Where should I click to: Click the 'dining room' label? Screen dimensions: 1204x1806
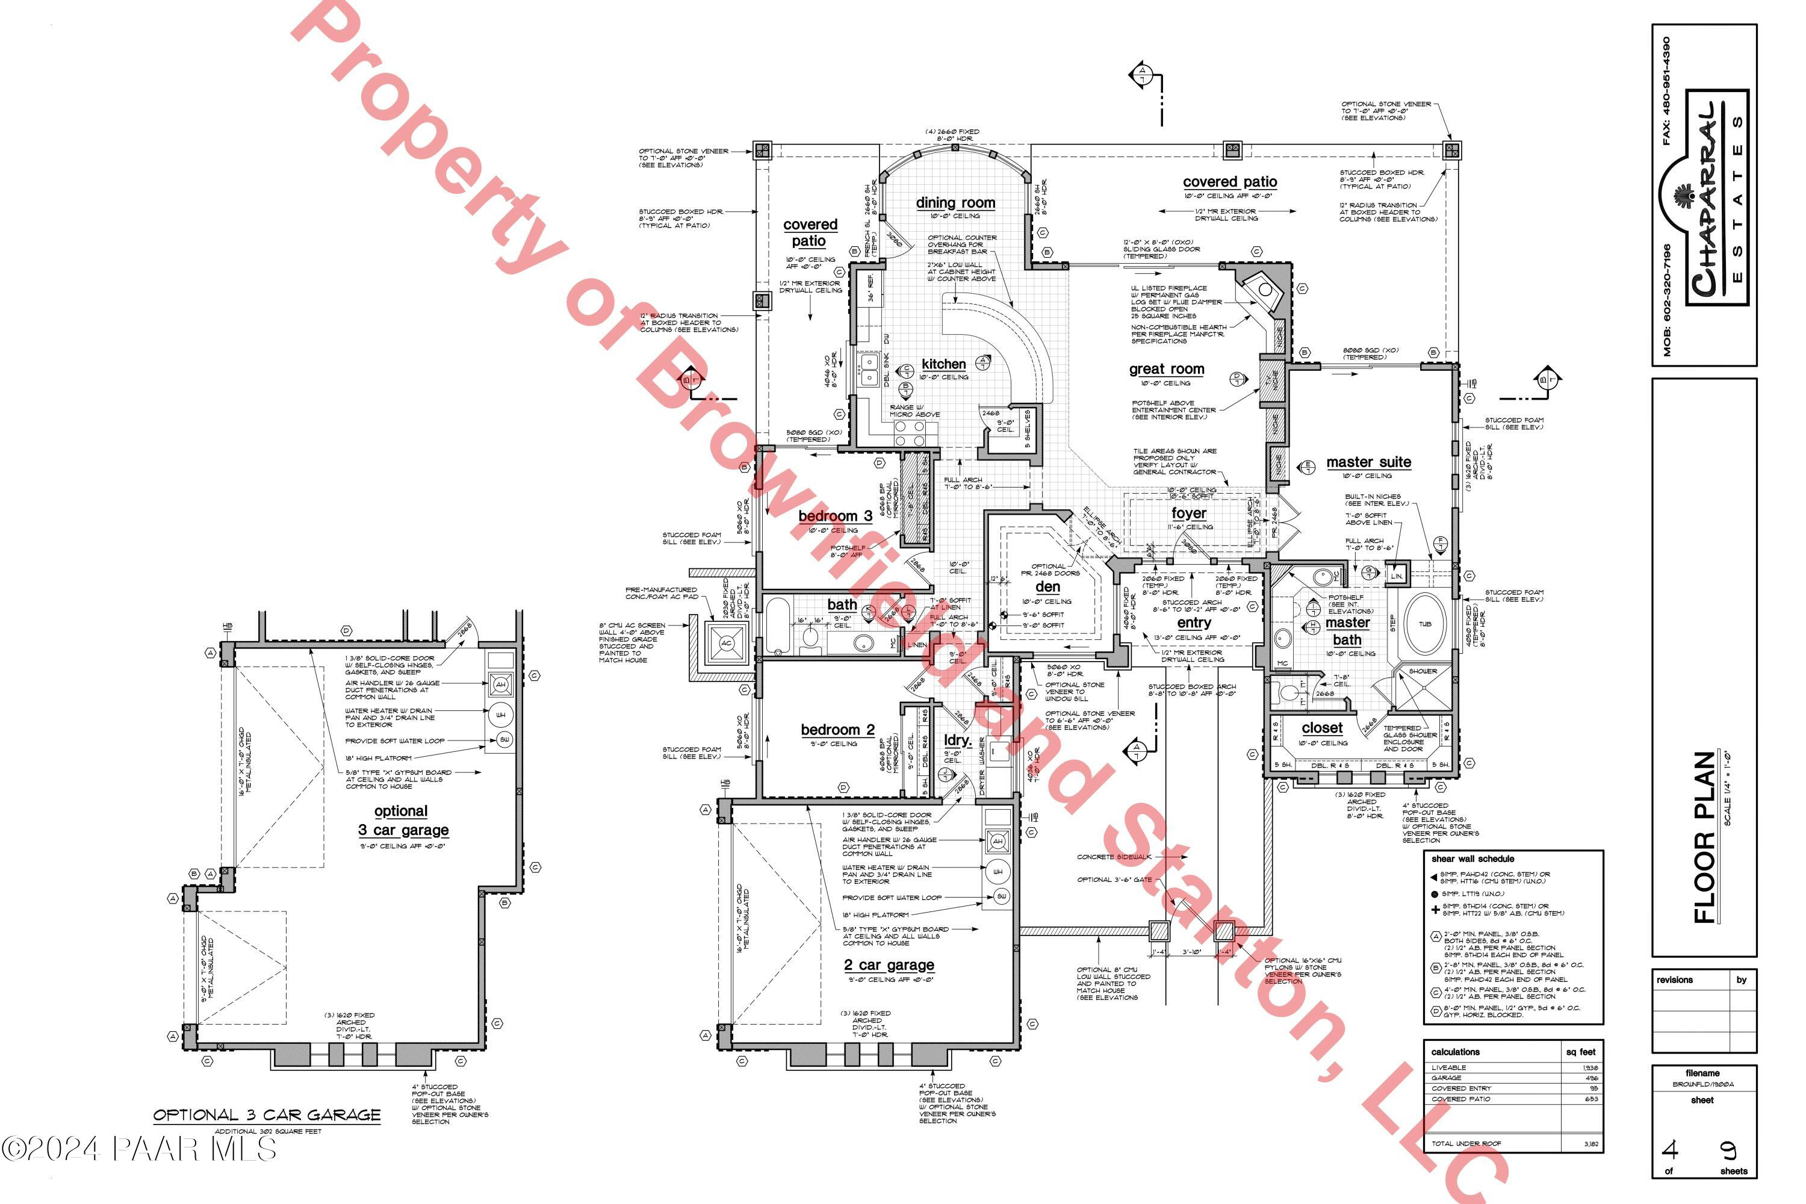click(x=955, y=203)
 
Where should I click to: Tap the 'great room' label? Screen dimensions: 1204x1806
click(x=1167, y=370)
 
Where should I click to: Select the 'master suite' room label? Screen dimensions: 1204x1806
click(x=1368, y=462)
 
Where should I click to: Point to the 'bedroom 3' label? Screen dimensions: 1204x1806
click(x=834, y=516)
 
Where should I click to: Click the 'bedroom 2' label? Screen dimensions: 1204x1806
click(x=837, y=730)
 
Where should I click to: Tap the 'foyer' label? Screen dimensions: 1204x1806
click(x=1188, y=513)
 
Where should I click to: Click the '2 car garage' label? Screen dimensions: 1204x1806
click(x=889, y=965)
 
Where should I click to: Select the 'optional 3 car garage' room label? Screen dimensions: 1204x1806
click(x=402, y=821)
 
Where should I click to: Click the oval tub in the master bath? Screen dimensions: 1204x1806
click(x=1424, y=624)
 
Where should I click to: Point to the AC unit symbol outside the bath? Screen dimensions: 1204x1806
click(x=725, y=644)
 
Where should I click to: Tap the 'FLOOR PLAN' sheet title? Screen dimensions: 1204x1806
click(x=1704, y=837)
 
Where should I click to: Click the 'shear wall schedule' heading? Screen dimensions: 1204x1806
click(x=1472, y=859)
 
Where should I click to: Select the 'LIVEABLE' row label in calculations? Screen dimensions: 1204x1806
click(x=1448, y=1067)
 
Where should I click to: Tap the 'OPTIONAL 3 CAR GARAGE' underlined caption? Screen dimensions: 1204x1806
click(x=267, y=1115)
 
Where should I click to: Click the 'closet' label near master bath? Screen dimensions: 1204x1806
click(x=1322, y=728)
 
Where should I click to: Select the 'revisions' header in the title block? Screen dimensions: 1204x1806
click(x=1675, y=980)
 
